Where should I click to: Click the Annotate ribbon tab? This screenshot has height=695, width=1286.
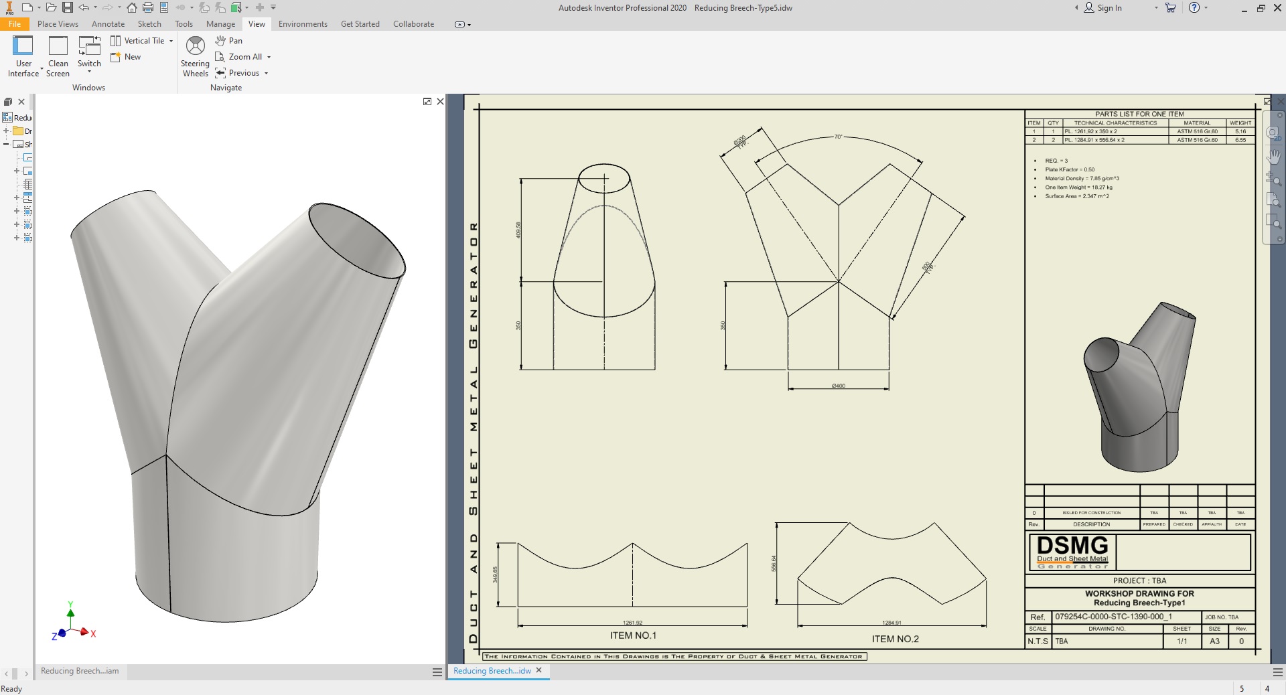click(x=108, y=24)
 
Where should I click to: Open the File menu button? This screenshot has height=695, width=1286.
click(x=14, y=24)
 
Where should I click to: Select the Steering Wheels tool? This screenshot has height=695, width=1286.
click(x=195, y=56)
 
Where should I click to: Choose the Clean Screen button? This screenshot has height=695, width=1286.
click(x=58, y=56)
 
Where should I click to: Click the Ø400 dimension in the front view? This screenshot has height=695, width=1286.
click(x=838, y=386)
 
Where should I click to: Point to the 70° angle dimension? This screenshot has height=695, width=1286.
click(x=838, y=137)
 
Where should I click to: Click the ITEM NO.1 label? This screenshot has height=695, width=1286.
click(x=633, y=635)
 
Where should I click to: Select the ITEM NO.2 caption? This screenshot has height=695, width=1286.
click(x=895, y=639)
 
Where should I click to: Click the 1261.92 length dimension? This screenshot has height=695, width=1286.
click(x=632, y=623)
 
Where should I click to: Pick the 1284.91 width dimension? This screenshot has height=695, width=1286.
click(x=891, y=623)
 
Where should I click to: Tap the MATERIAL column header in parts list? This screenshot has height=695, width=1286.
click(x=1197, y=123)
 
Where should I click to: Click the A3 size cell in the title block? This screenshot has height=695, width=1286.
click(x=1214, y=641)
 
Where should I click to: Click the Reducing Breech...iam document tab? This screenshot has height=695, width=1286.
click(x=80, y=671)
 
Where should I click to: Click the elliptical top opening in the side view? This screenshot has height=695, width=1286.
click(x=603, y=179)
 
